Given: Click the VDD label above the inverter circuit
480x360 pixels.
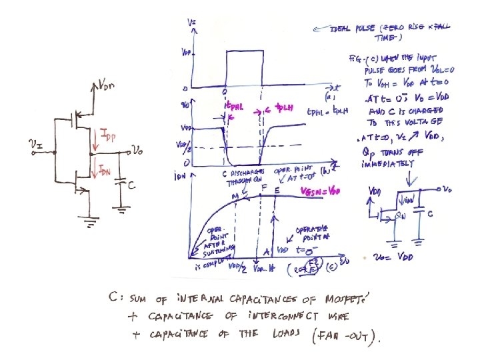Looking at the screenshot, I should [111, 86].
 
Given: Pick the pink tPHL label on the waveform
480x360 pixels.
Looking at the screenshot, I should [231, 107].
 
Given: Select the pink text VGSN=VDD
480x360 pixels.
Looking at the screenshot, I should [321, 192].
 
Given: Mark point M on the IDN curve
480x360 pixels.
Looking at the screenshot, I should [234, 195].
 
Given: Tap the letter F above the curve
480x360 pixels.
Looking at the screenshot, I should [265, 189].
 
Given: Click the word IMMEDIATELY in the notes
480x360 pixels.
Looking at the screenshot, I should [389, 171].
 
